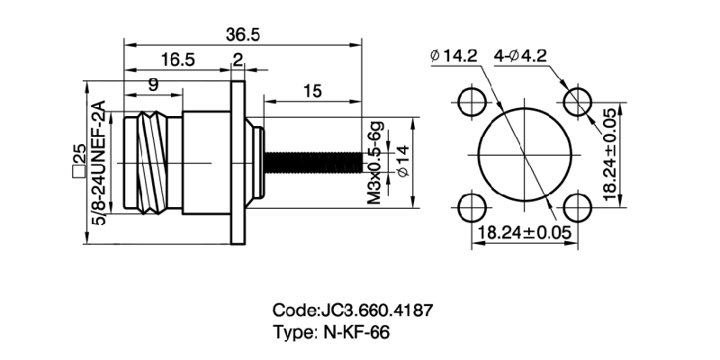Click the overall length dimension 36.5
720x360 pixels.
244,34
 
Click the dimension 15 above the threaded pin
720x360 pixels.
313,91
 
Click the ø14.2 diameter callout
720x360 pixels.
454,56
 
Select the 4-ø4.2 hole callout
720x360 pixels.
521,56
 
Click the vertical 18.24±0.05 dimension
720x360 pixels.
609,154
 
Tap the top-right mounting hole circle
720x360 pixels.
577,101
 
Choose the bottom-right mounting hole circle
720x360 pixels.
577,207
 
